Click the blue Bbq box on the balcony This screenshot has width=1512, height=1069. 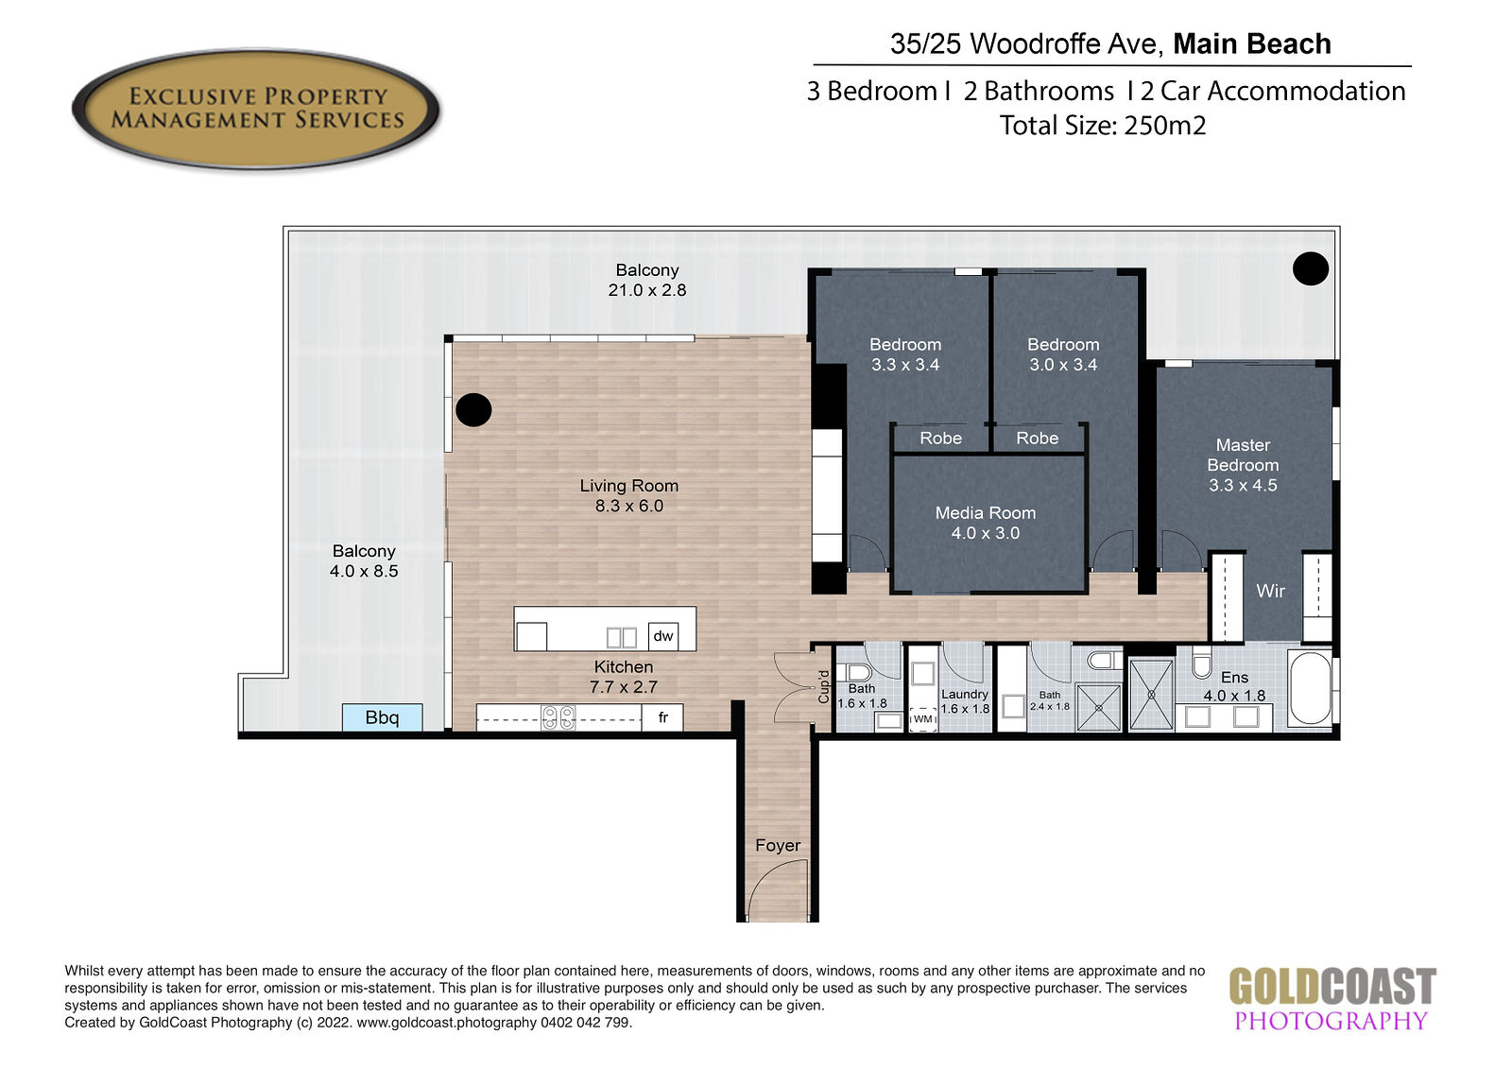point(382,717)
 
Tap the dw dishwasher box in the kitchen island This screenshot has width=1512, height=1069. point(662,636)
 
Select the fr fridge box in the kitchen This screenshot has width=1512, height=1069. point(662,717)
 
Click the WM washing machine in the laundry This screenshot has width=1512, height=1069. point(922,719)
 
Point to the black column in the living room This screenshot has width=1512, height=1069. point(473,410)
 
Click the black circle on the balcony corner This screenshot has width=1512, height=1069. point(1310,268)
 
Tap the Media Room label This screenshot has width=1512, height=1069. point(985,513)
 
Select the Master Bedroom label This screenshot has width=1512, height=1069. point(1243,456)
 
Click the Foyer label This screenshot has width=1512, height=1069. point(778,846)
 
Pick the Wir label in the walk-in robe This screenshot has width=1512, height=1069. point(1270,591)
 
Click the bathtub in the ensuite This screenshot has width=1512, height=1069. point(1310,688)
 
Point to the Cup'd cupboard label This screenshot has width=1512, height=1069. point(823,686)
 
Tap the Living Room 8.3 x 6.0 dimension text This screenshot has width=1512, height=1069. point(629,506)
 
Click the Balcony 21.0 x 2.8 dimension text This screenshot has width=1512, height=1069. point(646,290)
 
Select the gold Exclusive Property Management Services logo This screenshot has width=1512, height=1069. point(256,109)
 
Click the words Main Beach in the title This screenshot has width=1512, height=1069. point(1252,43)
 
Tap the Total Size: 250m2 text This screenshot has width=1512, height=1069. point(1102,126)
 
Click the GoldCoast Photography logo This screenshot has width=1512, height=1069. point(1332,999)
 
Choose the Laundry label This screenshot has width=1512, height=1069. point(965,694)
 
